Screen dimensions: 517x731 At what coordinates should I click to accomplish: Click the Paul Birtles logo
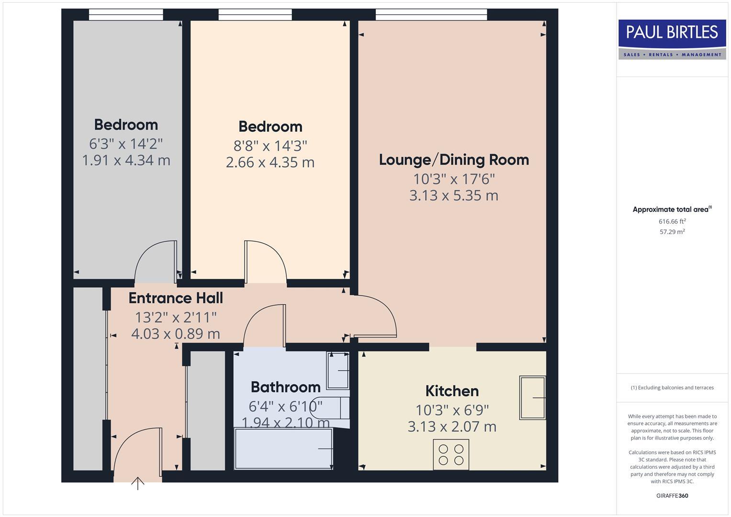point(672,39)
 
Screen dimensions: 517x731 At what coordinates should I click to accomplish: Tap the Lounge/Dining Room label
point(454,159)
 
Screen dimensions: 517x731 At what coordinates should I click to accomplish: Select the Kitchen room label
point(452,391)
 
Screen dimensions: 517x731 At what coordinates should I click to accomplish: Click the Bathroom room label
point(285,387)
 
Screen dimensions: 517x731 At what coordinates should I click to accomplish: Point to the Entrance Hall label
point(176,298)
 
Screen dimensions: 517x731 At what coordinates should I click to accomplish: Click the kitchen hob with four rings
point(451,454)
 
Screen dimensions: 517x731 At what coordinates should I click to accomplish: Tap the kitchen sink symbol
point(532,397)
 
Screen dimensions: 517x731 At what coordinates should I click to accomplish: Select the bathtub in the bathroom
point(283,449)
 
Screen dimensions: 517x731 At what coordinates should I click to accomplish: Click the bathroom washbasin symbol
point(337,371)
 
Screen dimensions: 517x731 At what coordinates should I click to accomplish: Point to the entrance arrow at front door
point(138,483)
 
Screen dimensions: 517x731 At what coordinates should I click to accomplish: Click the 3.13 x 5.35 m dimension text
point(454,195)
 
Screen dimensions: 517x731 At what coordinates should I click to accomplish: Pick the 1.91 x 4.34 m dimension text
point(126,160)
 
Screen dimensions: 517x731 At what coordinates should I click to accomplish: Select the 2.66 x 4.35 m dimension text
point(270,162)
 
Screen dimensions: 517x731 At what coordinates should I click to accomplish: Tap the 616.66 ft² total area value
point(672,221)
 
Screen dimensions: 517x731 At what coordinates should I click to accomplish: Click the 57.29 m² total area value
point(672,232)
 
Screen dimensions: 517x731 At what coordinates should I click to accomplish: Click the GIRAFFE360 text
point(672,495)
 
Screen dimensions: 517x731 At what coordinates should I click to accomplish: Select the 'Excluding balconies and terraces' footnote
point(672,387)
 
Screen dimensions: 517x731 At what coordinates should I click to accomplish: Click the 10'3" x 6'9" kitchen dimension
point(452,410)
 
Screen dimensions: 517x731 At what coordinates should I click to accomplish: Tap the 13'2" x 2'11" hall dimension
point(176,317)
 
